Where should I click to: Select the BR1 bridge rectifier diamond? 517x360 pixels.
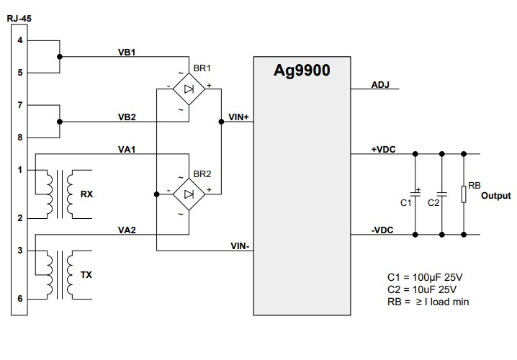[188, 89]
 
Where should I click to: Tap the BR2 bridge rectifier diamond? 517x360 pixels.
[188, 194]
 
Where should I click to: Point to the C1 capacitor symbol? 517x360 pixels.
[415, 193]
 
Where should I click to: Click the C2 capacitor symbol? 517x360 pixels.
[442, 193]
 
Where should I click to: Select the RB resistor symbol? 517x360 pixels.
[464, 193]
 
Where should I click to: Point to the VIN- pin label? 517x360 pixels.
[239, 246]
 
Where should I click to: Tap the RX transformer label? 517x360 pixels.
[86, 194]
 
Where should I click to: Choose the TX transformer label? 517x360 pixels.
[86, 274]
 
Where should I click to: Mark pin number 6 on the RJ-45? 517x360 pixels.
[20, 298]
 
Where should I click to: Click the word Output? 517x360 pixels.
[495, 196]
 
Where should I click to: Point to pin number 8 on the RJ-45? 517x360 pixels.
[20, 137]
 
